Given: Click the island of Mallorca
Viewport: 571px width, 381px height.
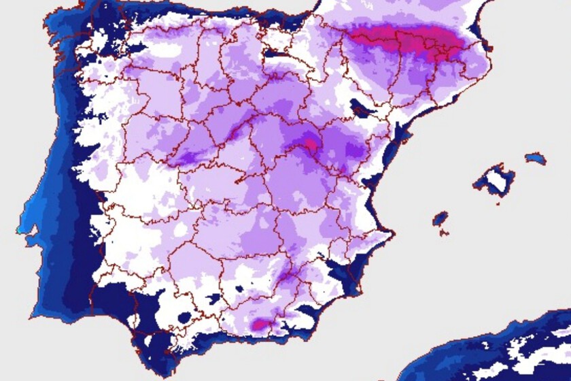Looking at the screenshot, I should (494, 180).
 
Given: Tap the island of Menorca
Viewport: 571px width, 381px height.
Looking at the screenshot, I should (536, 159).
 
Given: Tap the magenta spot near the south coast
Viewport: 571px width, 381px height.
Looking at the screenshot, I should (259, 325).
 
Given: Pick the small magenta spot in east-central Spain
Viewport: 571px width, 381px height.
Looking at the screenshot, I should (311, 143).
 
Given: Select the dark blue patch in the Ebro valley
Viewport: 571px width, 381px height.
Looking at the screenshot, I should (358, 107).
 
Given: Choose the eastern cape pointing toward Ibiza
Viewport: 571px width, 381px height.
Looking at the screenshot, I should (391, 234).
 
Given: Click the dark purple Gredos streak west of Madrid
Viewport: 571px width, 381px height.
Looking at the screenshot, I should (187, 159).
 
